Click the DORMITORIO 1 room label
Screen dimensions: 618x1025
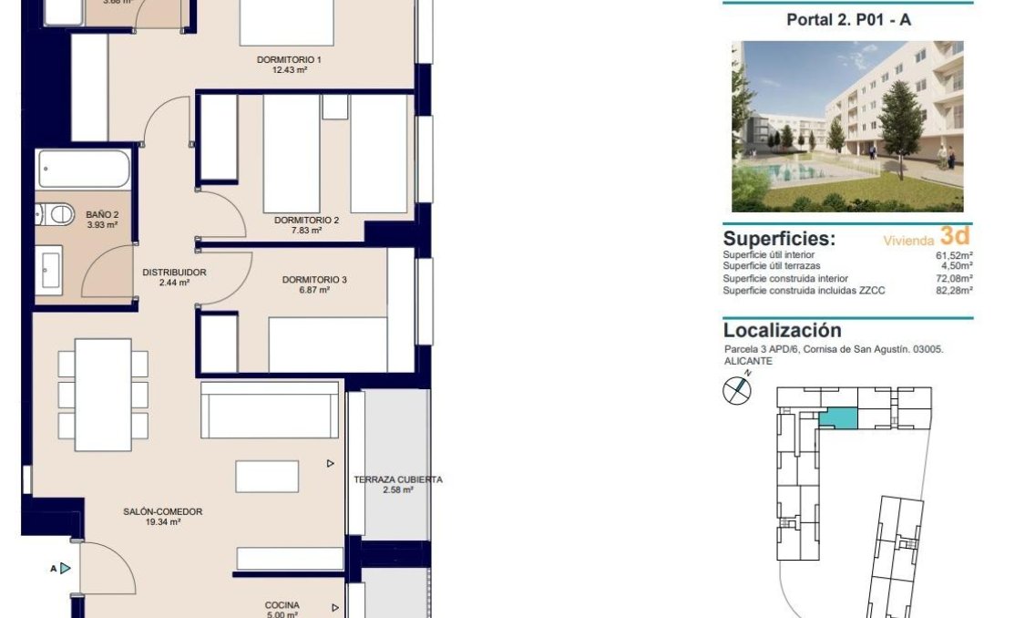click(x=289, y=66)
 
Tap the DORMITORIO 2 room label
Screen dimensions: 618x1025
click(x=306, y=225)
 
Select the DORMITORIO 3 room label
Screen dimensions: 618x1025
click(x=314, y=284)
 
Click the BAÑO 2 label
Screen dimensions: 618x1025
click(x=101, y=220)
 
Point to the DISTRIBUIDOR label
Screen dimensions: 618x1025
click(x=174, y=277)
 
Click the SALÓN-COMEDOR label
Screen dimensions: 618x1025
click(x=162, y=517)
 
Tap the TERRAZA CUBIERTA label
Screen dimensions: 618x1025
click(x=398, y=484)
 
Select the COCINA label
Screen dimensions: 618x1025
click(x=282, y=609)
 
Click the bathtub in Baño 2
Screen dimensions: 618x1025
click(x=84, y=170)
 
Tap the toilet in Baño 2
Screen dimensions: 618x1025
click(x=56, y=215)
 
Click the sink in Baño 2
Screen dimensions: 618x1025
click(x=50, y=270)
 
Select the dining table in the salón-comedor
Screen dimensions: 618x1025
click(x=103, y=395)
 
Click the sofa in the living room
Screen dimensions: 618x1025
click(x=270, y=410)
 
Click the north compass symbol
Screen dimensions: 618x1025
click(x=736, y=391)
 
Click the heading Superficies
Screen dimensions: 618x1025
click(x=779, y=239)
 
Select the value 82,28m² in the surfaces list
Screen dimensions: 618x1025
click(x=953, y=291)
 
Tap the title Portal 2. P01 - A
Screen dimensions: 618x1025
click(x=848, y=20)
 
